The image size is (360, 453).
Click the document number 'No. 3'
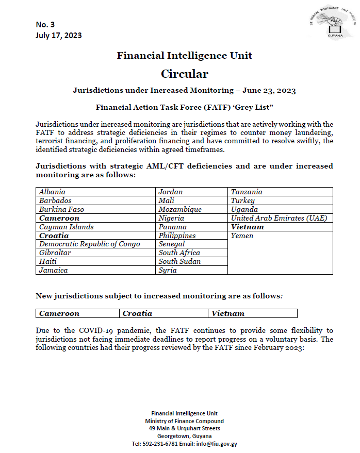(45, 25)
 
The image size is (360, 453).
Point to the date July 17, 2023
(59, 35)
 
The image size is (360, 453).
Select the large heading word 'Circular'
(184, 74)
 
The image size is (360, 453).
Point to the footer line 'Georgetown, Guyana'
(184, 436)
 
